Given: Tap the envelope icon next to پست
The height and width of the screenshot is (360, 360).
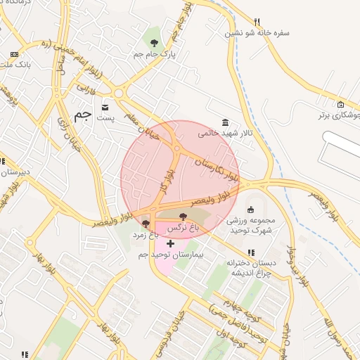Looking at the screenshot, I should click(x=105, y=107).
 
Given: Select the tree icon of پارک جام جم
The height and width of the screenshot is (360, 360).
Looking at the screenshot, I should click(x=154, y=42).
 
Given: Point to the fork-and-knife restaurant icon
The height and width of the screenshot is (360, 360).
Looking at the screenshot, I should click(x=257, y=22).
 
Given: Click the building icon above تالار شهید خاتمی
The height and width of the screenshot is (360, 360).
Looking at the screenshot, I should click(x=224, y=122).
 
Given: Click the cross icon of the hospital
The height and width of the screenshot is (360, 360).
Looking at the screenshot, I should click(x=170, y=243).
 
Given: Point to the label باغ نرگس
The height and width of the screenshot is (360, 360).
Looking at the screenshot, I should click(x=184, y=228).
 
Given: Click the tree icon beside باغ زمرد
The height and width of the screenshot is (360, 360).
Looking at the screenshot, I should click(x=146, y=224).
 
